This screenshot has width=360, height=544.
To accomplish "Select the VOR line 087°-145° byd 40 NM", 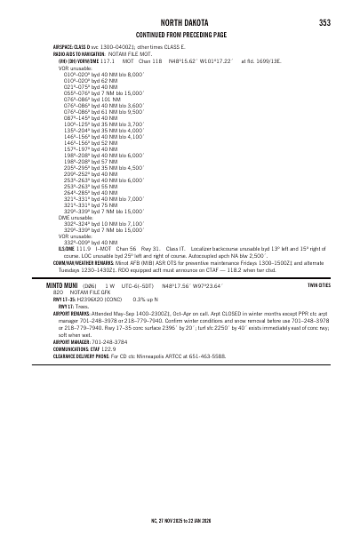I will coord(90,116).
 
